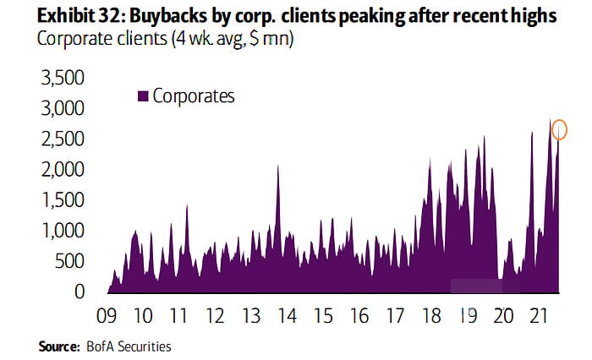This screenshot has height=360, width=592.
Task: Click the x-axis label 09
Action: point(107,317)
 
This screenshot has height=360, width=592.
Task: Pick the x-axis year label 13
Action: point(251,317)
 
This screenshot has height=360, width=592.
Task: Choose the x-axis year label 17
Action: point(395,317)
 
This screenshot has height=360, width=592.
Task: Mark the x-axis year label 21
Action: point(539,317)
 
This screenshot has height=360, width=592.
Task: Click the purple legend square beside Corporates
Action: point(143,96)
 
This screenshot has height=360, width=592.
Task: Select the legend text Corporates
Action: point(194,96)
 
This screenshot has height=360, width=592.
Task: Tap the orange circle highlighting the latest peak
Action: point(559,129)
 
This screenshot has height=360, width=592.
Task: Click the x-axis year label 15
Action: point(323,317)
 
